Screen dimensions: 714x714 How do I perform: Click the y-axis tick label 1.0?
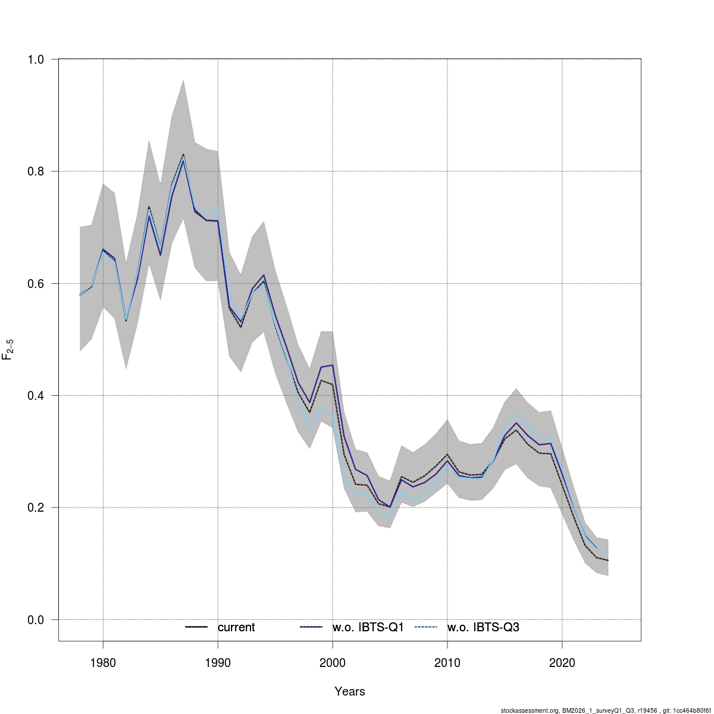tap(36, 59)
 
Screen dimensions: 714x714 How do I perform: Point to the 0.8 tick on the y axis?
tap(36, 171)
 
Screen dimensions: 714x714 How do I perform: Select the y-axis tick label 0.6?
tap(36, 283)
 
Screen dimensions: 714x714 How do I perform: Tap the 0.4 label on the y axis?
tap(36, 396)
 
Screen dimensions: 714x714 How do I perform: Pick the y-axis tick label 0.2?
tap(36, 508)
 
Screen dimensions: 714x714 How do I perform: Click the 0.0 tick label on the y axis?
tap(36, 620)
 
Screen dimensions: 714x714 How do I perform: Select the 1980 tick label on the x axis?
tap(103, 663)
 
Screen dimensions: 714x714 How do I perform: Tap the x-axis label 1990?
tap(218, 663)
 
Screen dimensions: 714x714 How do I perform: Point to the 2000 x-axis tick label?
tap(332, 663)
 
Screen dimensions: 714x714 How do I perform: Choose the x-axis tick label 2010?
tap(447, 663)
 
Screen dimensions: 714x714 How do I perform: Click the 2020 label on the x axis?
tap(562, 663)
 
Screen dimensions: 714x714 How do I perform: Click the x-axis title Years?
tap(350, 691)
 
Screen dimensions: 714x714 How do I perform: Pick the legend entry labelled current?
tap(236, 627)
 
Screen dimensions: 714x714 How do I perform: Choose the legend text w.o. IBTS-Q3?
tap(483, 627)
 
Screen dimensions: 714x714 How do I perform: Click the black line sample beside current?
tap(196, 627)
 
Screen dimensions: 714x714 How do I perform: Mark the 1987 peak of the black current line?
tap(183, 155)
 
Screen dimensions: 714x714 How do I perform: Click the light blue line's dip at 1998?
tap(309, 428)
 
